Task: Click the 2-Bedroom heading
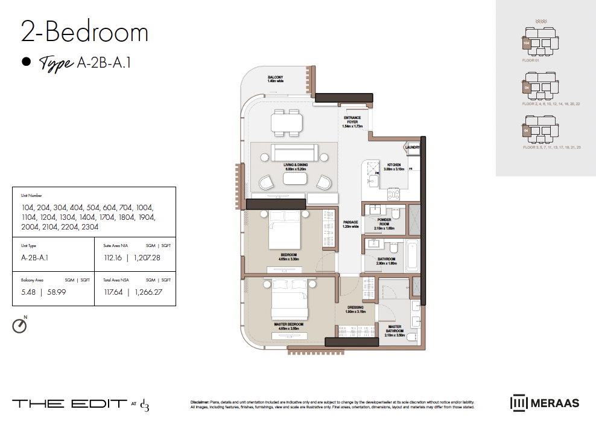pyautogui.click(x=84, y=33)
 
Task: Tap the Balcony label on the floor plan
pyautogui.click(x=276, y=79)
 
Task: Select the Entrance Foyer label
pyautogui.click(x=351, y=121)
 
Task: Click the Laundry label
pyautogui.click(x=413, y=147)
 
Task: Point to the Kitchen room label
pyautogui.click(x=393, y=166)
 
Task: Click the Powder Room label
pyautogui.click(x=384, y=222)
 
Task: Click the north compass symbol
pyautogui.click(x=20, y=326)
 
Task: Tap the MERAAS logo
pyautogui.click(x=545, y=402)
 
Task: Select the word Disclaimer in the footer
pyautogui.click(x=199, y=401)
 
